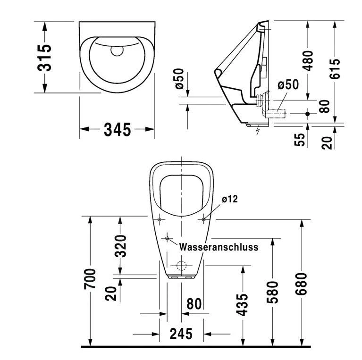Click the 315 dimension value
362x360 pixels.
tap(45, 57)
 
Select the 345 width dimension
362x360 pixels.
tap(117, 129)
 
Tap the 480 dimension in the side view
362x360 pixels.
tap(308, 60)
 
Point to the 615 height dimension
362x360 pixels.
tap(335, 70)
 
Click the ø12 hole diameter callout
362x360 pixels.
tap(229, 199)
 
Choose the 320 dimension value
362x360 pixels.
tap(121, 245)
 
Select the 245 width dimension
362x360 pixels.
tap(181, 334)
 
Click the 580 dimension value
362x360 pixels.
tap(272, 292)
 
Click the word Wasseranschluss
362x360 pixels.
tap(219, 247)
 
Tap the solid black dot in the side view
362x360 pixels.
tap(307, 114)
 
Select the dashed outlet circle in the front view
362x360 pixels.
tap(181, 265)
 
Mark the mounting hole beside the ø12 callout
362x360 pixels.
tap(204, 219)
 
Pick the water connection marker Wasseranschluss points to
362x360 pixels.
tap(167, 238)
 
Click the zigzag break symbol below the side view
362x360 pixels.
tap(257, 129)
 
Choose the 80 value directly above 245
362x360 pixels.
tap(194, 304)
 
